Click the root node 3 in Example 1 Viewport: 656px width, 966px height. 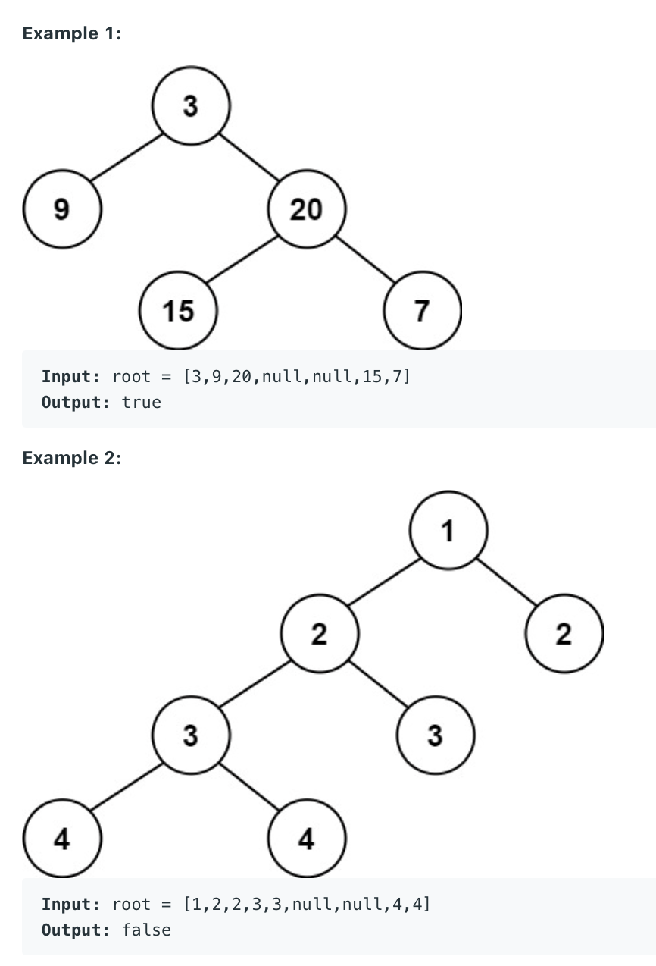190,107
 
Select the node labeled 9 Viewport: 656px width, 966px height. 62,209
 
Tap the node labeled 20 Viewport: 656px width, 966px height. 306,209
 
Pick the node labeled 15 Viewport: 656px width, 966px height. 179,310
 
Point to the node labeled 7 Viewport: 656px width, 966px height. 422,310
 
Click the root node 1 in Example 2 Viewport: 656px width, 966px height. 448,532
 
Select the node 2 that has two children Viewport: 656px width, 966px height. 319,634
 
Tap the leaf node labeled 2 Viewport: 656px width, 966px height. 564,634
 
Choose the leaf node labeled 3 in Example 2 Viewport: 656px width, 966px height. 435,735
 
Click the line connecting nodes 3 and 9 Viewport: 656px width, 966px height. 127,158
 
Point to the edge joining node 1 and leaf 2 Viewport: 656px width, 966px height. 506,583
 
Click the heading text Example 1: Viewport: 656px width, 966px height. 72,34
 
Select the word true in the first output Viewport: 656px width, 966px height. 142,403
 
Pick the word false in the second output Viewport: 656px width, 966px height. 146,929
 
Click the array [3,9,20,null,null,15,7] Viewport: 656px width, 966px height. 296,376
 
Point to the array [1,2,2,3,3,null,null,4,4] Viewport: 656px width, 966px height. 306,904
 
